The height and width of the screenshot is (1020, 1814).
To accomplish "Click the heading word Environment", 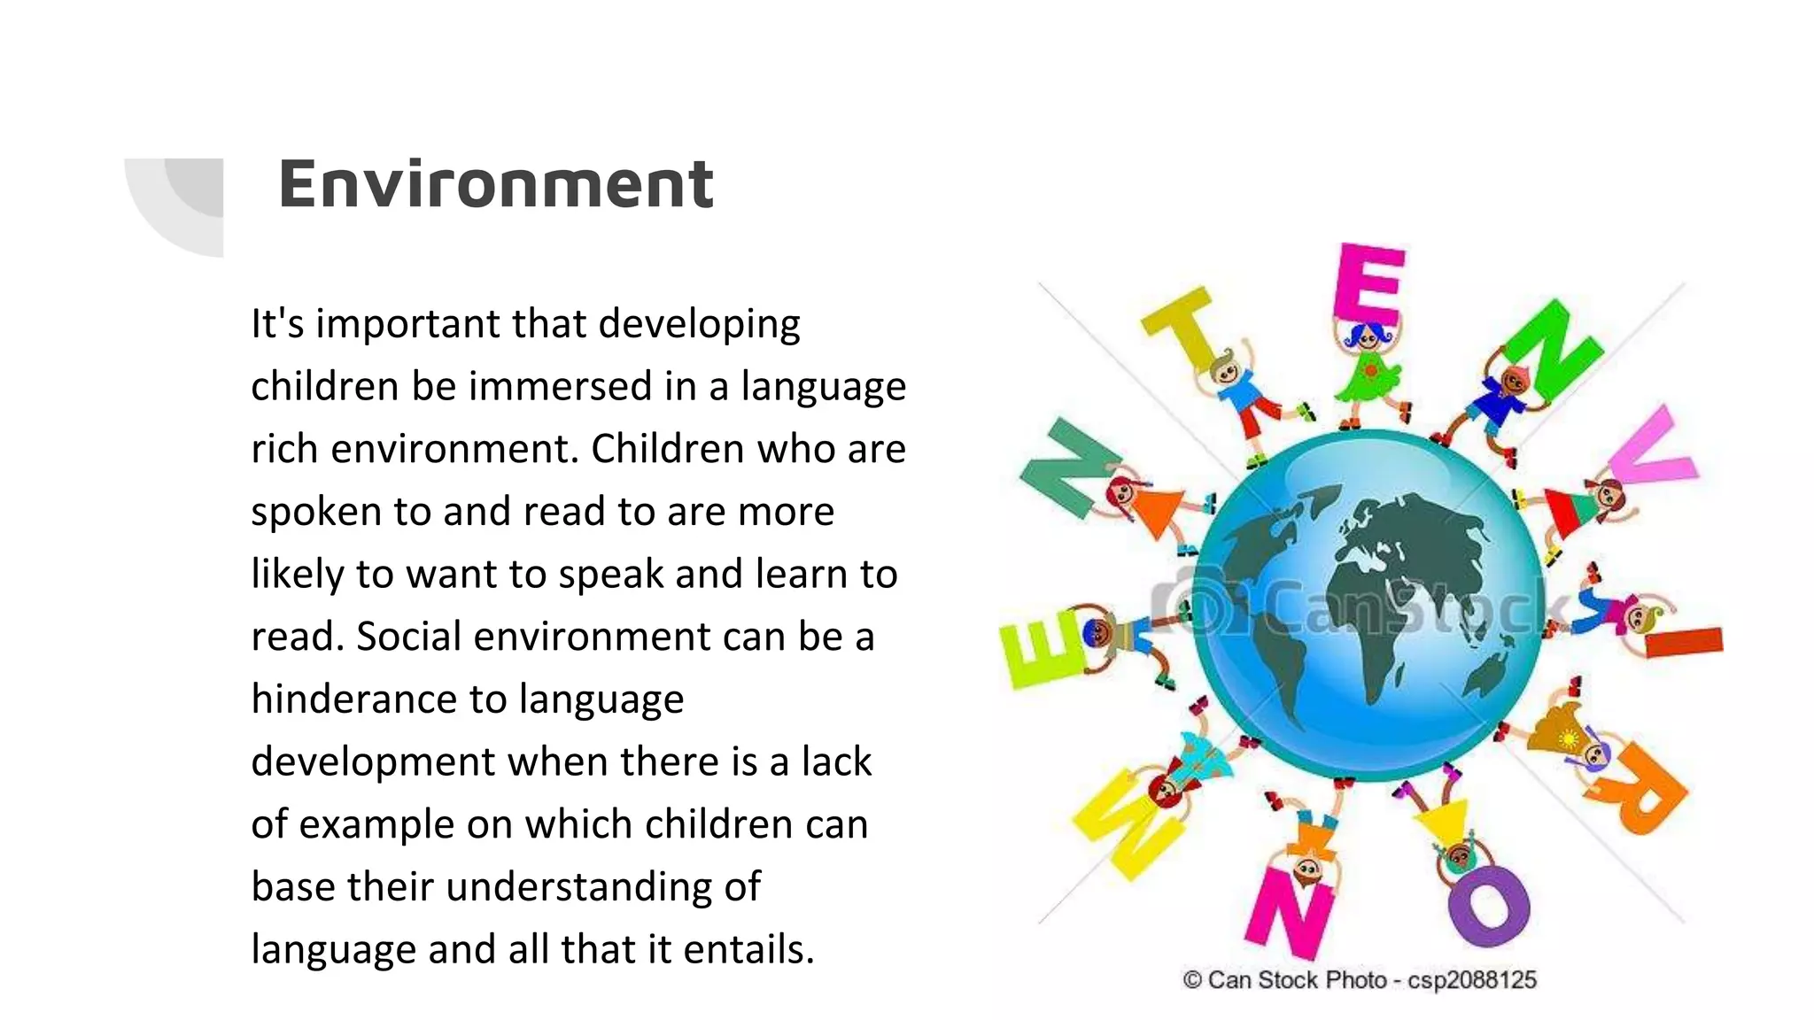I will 496,184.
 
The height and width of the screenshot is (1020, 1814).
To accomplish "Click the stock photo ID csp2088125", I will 1472,980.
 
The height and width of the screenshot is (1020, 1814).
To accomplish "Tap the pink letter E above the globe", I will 1369,283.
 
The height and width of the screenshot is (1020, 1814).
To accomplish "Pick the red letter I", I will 1683,641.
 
